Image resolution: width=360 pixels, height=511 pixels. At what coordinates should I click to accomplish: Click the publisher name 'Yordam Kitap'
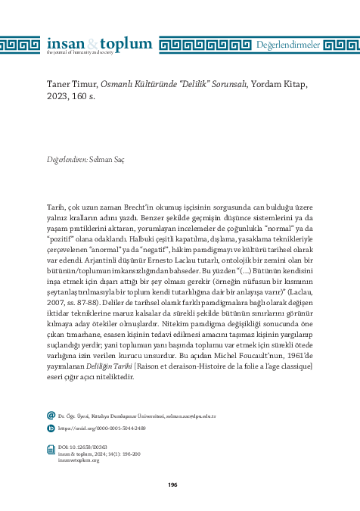[283, 85]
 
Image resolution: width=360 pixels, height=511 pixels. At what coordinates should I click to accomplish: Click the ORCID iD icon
[51, 428]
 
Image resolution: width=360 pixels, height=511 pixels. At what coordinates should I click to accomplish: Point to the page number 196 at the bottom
[172, 485]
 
